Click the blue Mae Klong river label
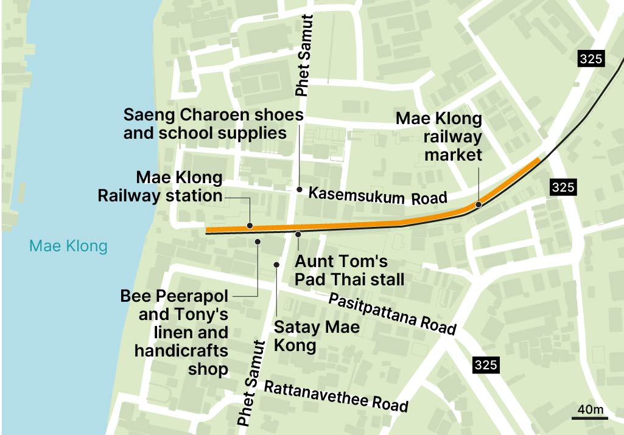click(x=68, y=246)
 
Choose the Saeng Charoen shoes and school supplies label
click(x=213, y=124)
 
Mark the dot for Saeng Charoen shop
click(x=299, y=190)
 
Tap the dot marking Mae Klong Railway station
click(x=250, y=226)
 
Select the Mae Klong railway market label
click(x=438, y=137)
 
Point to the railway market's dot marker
click(x=479, y=204)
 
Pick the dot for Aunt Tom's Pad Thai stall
click(x=298, y=234)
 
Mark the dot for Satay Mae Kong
click(x=276, y=264)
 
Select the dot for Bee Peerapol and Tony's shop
click(x=258, y=242)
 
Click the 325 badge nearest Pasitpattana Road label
click(x=485, y=365)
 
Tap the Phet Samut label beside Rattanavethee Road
click(x=251, y=383)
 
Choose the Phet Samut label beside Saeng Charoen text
click(x=304, y=55)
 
